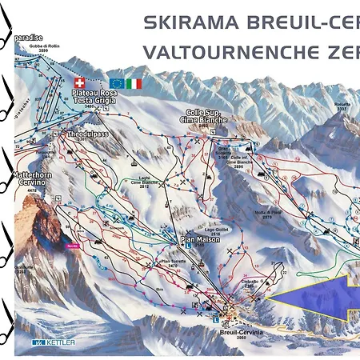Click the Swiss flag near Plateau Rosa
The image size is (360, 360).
[78, 82]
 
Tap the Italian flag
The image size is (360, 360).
[134, 83]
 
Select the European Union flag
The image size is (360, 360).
[117, 83]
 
